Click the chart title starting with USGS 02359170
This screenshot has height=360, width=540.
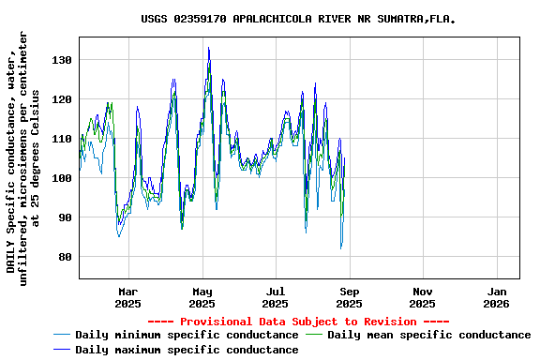tap(299, 19)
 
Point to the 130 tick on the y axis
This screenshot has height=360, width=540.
tap(62, 60)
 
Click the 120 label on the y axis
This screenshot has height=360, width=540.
tap(62, 99)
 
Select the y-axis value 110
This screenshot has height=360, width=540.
tap(62, 139)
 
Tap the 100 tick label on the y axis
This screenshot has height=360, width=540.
tap(62, 178)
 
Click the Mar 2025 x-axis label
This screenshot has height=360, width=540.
tap(128, 297)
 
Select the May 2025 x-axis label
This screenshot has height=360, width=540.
tap(202, 297)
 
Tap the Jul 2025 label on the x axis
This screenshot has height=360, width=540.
tap(275, 297)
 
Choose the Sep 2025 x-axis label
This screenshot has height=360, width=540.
tap(349, 297)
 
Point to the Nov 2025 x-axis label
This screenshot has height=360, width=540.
tap(422, 297)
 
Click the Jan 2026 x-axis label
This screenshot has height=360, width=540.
tap(496, 297)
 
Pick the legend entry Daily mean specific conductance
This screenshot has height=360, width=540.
tap(429, 335)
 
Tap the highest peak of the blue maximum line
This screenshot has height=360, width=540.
tap(208, 48)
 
